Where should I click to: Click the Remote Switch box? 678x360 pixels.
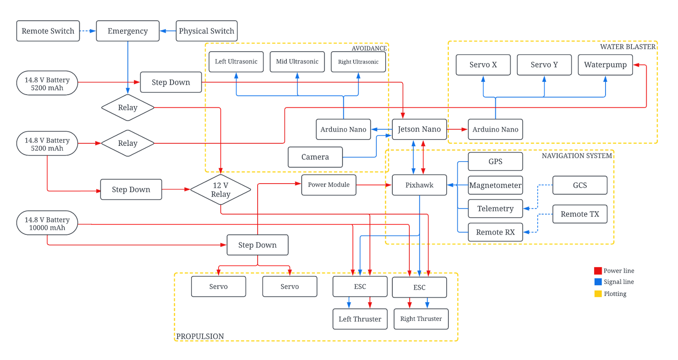[x=48, y=31]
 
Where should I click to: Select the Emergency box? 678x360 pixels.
[x=128, y=31]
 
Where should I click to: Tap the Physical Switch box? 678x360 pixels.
[x=206, y=31]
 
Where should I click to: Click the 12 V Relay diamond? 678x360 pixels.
[x=220, y=190]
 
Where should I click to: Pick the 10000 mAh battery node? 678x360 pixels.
[x=47, y=223]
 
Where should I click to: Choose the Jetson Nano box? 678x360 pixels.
[x=419, y=129]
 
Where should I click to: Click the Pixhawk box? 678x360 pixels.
[x=419, y=185]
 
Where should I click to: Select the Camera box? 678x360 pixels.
[x=315, y=157]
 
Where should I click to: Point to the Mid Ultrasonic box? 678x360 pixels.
[x=297, y=61]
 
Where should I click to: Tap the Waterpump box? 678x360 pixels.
[x=605, y=65]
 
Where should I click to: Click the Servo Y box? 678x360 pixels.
[x=544, y=65]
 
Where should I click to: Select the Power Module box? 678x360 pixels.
[x=328, y=185]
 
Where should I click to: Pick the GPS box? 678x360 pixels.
[x=495, y=162]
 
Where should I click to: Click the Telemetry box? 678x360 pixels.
[x=495, y=209]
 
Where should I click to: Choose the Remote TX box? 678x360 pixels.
[x=580, y=214]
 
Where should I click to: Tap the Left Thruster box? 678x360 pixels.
[x=360, y=319]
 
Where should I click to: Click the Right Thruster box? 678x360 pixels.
[x=421, y=319]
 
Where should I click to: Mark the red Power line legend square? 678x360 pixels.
[x=598, y=271]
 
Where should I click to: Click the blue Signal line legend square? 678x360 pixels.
[x=598, y=282]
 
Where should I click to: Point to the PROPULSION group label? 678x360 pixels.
[x=200, y=336]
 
